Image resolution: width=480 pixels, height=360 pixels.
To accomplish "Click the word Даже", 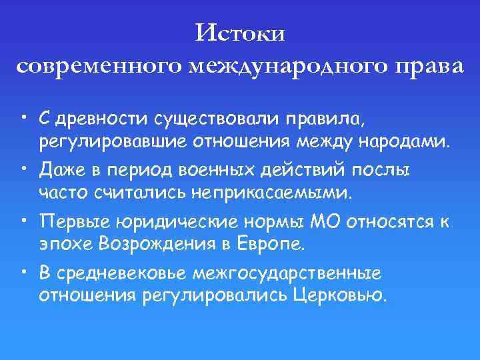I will point(60,170).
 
